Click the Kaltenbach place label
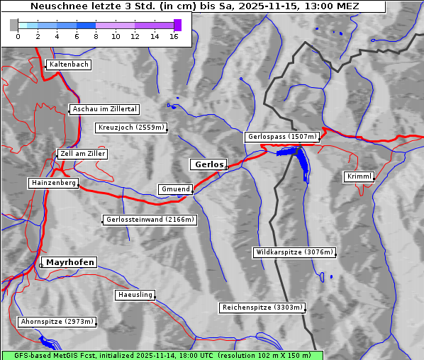coord(69,64)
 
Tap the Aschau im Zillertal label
coord(105,109)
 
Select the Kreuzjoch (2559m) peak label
coord(131,128)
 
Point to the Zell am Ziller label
coord(83,154)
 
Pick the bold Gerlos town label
coord(208,164)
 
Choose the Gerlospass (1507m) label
coord(282,137)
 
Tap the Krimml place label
coord(359,176)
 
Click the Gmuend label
coord(175,189)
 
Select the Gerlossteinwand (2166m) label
coord(150,220)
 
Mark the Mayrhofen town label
coord(70,262)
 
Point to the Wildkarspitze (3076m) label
coord(294,252)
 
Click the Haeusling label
coord(135,295)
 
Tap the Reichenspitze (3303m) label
coord(263,308)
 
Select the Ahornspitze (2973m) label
coord(57,322)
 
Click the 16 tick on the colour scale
coord(174,36)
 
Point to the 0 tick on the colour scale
coord(18,36)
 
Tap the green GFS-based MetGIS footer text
coord(162,355)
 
